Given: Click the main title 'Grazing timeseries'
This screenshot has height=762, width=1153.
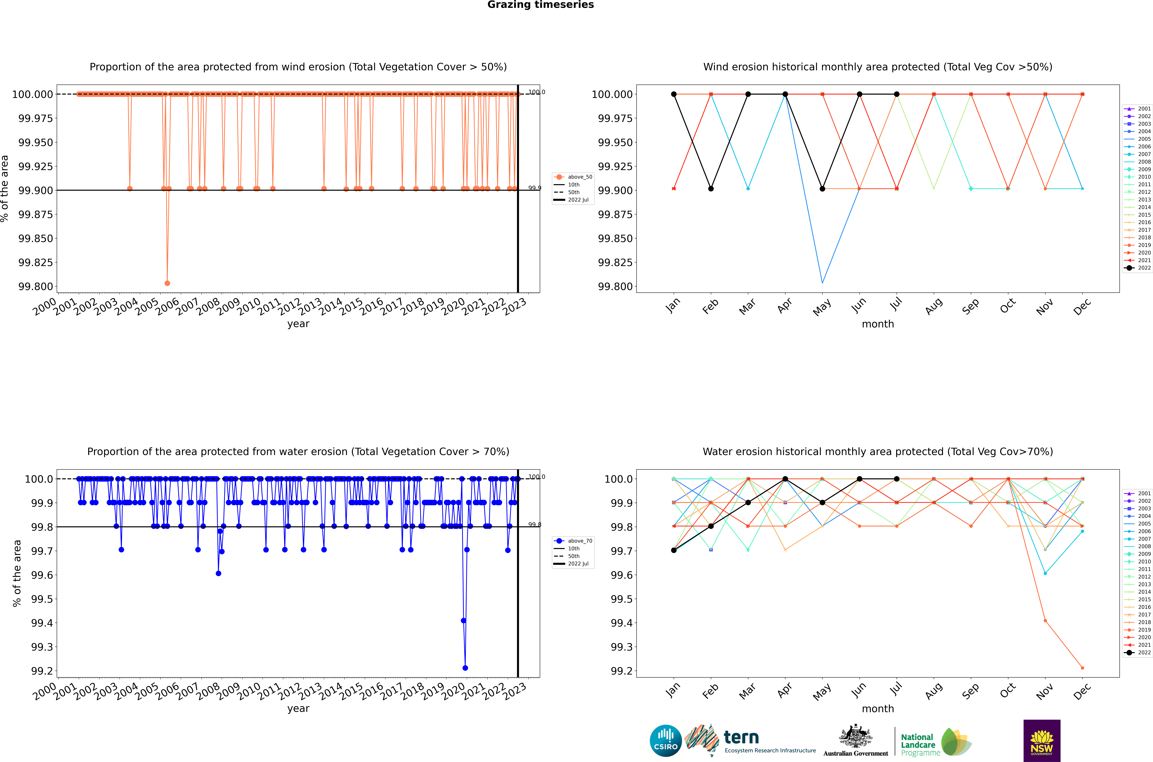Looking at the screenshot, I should (540, 5).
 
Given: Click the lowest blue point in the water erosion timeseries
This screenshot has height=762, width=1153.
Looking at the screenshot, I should (465, 668).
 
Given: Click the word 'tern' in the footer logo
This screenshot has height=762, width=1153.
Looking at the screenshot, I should (741, 738).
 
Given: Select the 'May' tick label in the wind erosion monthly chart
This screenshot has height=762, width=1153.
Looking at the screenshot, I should (822, 307).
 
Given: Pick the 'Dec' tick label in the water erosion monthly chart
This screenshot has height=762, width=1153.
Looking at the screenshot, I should (1082, 692).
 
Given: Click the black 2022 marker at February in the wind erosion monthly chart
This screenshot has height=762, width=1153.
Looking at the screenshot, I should (711, 189).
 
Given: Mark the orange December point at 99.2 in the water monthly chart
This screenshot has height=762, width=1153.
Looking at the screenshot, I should (1082, 668).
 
